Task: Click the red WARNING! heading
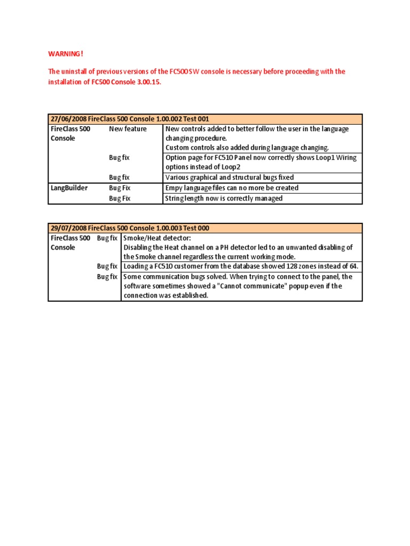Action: tap(66, 54)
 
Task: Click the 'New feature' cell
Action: tap(128, 129)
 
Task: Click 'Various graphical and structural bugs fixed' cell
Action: tap(230, 178)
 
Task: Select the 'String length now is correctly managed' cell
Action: tap(224, 198)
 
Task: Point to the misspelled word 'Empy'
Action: tap(174, 188)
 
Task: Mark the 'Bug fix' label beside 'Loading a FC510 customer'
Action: tap(107, 266)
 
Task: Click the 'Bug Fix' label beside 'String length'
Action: tap(120, 198)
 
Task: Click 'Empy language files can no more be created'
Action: tap(232, 188)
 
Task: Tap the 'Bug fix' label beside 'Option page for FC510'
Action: tap(119, 158)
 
